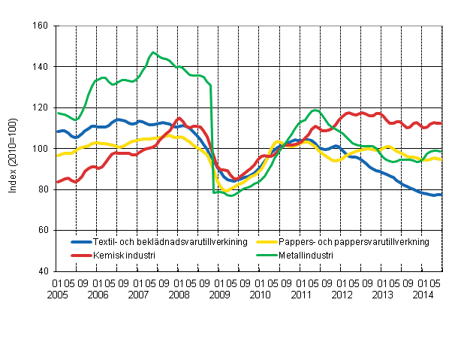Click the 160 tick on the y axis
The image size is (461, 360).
(x=41, y=26)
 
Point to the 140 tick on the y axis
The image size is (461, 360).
(x=41, y=67)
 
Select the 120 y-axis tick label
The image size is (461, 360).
(x=41, y=107)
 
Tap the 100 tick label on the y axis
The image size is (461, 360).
(x=41, y=149)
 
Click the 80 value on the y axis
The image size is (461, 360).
(x=43, y=189)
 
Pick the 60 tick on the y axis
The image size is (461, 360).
(x=43, y=230)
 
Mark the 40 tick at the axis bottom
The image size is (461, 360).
(x=43, y=271)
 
